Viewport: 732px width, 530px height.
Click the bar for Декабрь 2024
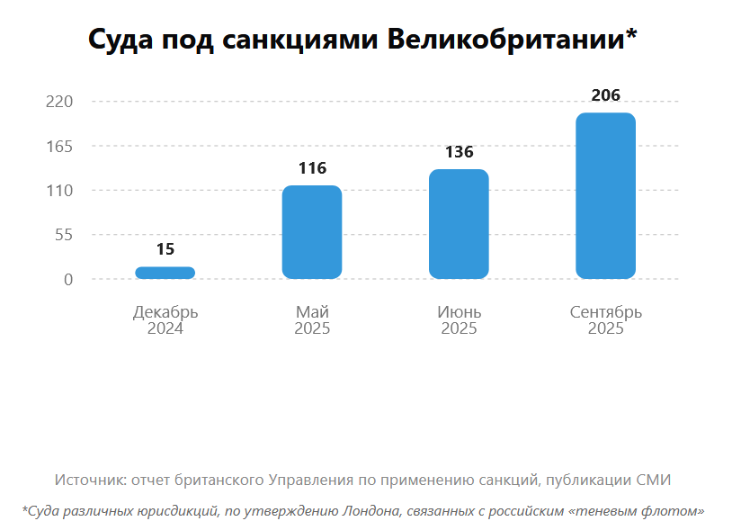(x=165, y=273)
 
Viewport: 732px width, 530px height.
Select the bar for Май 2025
(x=311, y=232)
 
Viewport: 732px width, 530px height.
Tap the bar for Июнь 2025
(x=459, y=224)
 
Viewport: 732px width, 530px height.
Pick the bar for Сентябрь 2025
(x=605, y=195)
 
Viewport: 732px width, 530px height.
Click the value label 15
(x=165, y=249)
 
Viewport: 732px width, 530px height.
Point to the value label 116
(x=312, y=168)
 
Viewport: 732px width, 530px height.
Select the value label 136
(x=459, y=152)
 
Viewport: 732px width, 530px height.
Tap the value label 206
(x=605, y=95)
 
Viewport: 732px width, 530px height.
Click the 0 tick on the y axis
(x=67, y=280)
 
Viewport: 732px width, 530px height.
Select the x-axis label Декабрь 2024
(x=165, y=320)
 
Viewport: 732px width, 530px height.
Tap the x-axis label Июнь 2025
(x=459, y=320)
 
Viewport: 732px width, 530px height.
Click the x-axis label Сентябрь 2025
(x=605, y=320)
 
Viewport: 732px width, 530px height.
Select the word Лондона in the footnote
(x=370, y=511)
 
